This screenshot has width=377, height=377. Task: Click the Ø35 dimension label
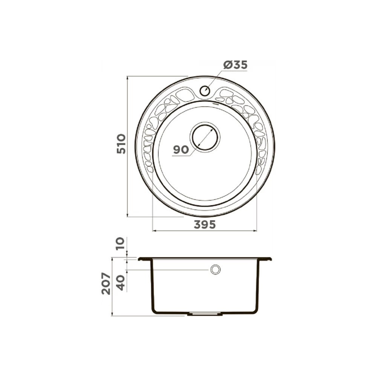coord(235,65)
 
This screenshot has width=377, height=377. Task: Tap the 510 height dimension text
coord(121,144)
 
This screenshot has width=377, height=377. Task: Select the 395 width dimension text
coord(205,225)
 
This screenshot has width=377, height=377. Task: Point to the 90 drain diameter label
coord(181,150)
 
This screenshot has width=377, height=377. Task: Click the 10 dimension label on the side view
coord(120,243)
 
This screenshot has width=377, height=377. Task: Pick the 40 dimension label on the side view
coord(120,283)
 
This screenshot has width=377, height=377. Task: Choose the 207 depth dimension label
coord(106,284)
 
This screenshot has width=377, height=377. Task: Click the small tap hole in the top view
coord(205,91)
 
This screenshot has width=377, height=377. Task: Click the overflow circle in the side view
coord(215,270)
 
